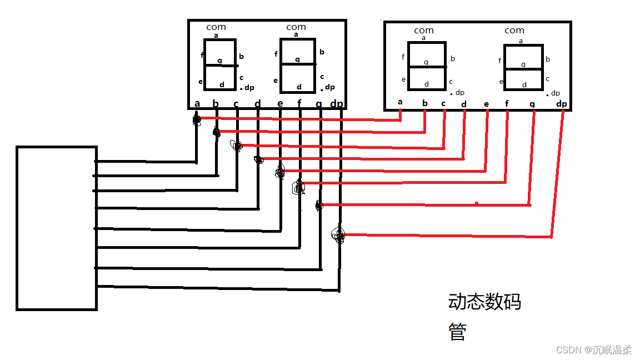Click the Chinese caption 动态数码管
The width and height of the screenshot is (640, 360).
tap(484, 317)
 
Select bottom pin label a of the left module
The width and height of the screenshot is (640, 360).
tap(197, 103)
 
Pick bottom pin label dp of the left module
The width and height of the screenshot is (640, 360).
tap(337, 103)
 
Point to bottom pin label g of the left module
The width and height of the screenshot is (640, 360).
tap(318, 103)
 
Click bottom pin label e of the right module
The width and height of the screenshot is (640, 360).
tap(487, 104)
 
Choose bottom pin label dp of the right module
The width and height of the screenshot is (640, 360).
tap(562, 104)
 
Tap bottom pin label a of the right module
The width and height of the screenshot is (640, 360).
tap(400, 102)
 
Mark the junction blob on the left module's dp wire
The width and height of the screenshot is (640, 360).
tap(338, 236)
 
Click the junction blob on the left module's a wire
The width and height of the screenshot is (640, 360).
tap(197, 119)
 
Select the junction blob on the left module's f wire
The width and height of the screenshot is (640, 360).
tap(299, 188)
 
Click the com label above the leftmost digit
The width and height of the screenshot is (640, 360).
tap(216, 27)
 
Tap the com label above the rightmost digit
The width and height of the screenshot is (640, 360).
tap(514, 30)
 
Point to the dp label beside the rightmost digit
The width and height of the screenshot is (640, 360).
tap(555, 93)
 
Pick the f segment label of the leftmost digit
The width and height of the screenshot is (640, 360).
tap(202, 55)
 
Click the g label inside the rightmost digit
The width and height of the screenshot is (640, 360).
tap(523, 64)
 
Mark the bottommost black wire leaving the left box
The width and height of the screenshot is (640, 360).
tap(217, 288)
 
